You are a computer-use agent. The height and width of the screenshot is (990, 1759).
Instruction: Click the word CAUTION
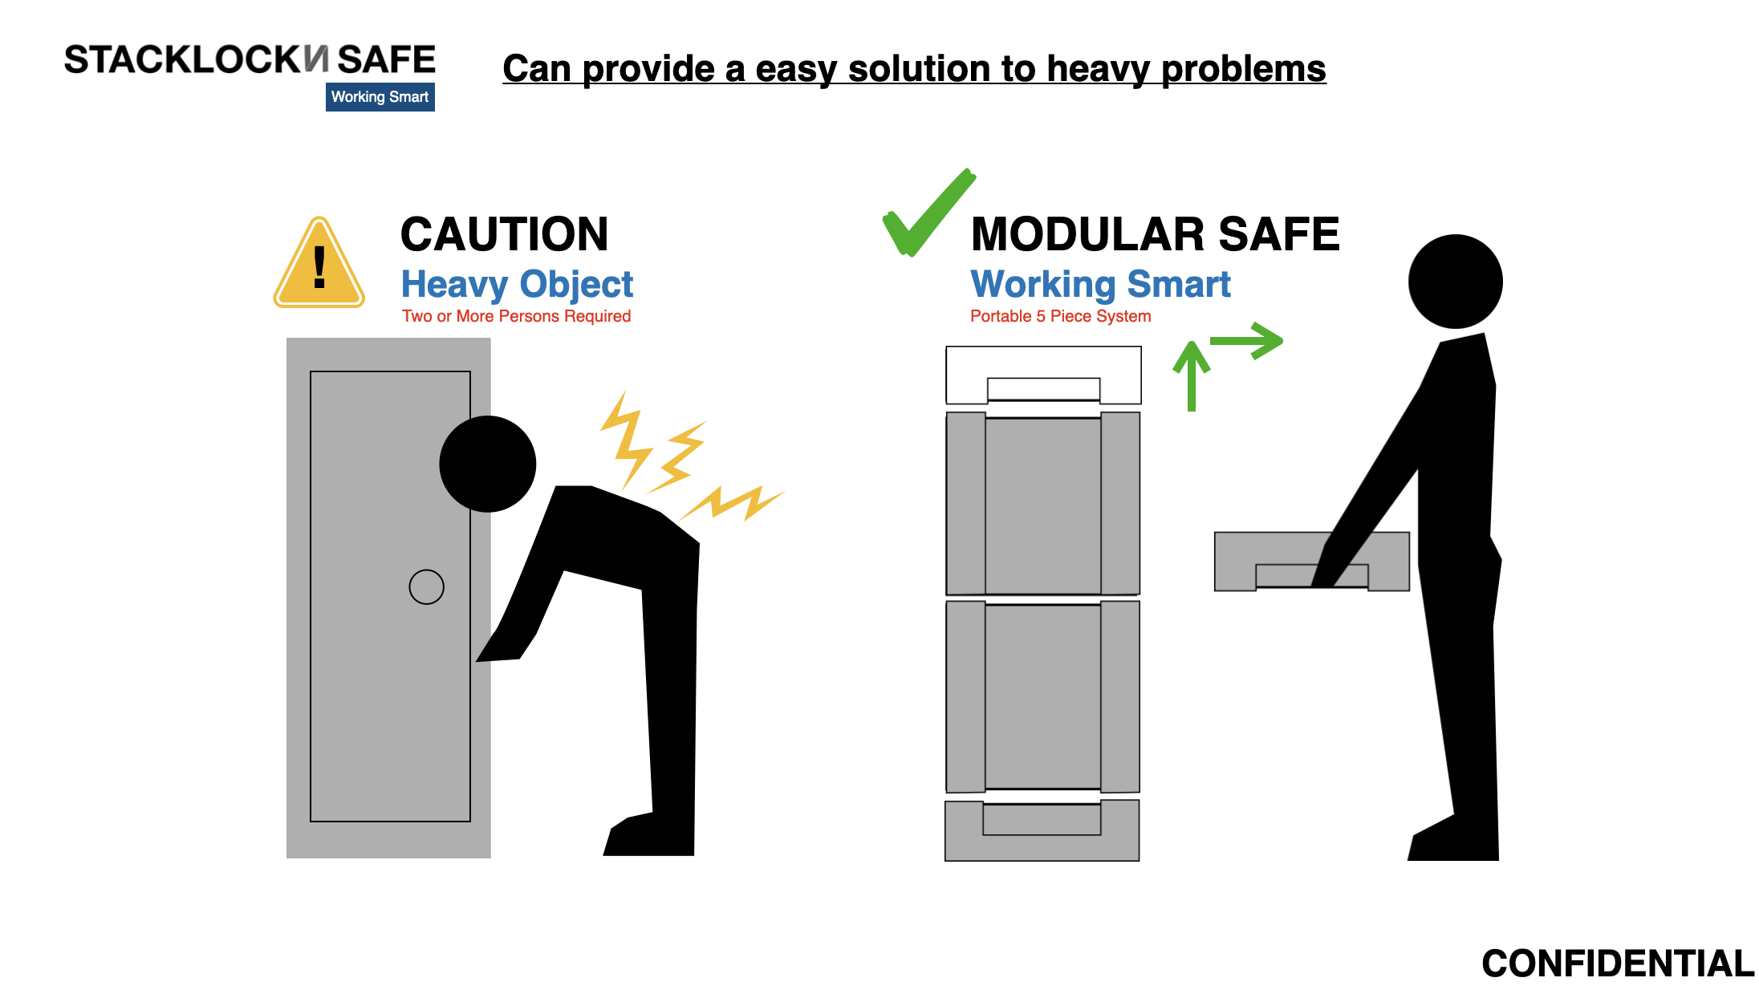pos(504,234)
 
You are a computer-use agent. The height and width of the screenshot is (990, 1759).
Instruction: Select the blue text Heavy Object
pos(517,285)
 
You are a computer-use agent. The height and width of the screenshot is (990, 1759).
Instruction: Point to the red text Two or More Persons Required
pos(517,316)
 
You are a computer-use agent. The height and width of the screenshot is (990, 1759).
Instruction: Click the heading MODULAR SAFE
pos(1155,234)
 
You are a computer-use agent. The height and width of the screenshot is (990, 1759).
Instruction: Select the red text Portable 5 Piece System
pos(1060,316)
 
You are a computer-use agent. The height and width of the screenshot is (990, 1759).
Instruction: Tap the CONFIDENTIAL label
pos(1618,964)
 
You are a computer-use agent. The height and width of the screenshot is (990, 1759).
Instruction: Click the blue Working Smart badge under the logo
pos(380,97)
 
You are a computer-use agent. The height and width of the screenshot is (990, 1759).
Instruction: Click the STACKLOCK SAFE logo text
pos(250,60)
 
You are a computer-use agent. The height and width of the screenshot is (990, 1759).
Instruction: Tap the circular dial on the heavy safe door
pos(426,586)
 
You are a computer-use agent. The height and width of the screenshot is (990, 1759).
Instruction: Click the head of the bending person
pos(488,464)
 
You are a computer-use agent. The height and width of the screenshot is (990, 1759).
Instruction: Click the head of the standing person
pos(1455,282)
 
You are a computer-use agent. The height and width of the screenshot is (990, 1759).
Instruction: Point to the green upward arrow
pos(1192,375)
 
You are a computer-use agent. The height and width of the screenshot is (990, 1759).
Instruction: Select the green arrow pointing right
pos(1246,341)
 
